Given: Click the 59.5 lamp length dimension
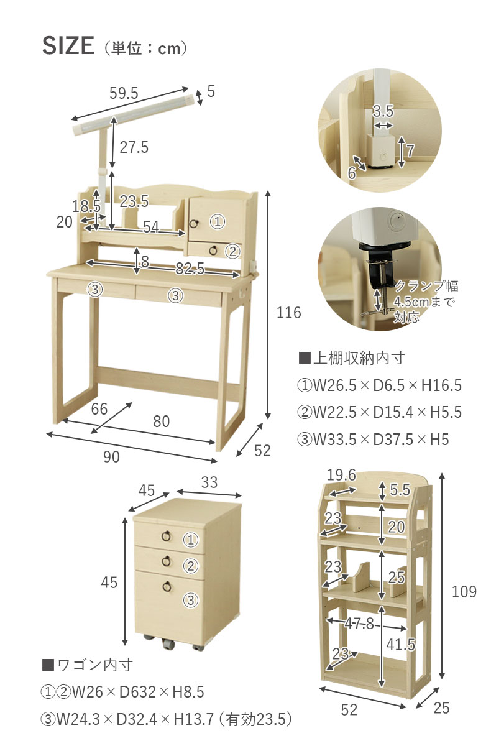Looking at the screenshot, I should (124, 94).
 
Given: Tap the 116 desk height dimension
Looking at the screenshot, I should (288, 313).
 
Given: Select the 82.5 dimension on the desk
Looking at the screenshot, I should (190, 269).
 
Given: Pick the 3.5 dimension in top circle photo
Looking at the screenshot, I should (383, 112).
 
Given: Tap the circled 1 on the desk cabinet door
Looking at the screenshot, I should (217, 221).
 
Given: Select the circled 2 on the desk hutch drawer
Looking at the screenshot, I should (232, 251).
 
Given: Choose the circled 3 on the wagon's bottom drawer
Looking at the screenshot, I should (190, 600).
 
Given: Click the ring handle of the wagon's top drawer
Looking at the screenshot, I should (167, 536).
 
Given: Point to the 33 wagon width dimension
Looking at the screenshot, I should (209, 482).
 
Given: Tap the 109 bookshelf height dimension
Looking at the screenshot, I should (464, 591).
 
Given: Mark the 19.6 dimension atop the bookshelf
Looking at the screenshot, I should (341, 476).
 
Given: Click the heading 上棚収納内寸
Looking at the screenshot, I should (352, 358).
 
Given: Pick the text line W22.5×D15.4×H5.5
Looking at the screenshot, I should (380, 412).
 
